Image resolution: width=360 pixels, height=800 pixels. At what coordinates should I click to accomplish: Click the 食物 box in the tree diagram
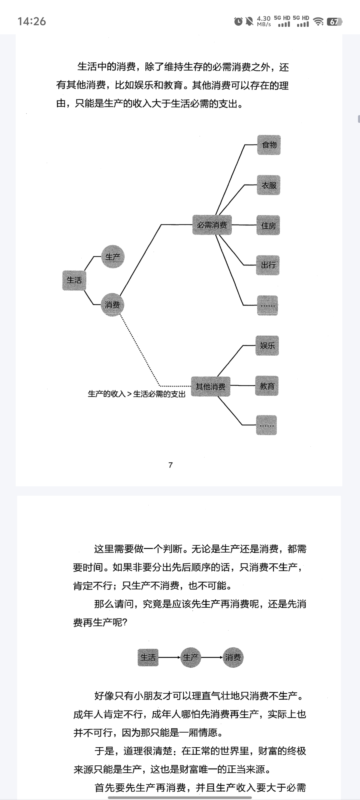click(x=269, y=145)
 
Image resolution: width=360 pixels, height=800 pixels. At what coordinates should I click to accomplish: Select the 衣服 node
click(x=268, y=185)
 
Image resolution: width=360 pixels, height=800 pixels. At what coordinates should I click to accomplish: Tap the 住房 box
click(x=268, y=225)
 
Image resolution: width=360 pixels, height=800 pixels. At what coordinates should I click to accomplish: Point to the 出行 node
click(x=268, y=265)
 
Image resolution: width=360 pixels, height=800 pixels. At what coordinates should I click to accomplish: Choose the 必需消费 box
click(x=212, y=225)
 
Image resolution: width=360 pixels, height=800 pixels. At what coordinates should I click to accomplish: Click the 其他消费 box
click(x=210, y=386)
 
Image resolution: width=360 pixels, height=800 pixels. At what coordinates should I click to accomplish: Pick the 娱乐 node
click(x=267, y=346)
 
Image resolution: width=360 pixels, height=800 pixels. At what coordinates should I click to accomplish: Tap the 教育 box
click(x=267, y=386)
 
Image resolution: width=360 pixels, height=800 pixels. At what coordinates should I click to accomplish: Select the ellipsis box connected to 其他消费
click(x=266, y=425)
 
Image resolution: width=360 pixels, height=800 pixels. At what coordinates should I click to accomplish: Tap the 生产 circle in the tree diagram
click(x=113, y=257)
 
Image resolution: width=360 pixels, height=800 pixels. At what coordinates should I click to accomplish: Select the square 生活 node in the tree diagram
click(x=74, y=280)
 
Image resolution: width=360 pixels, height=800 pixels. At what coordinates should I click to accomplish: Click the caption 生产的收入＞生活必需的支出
click(x=136, y=394)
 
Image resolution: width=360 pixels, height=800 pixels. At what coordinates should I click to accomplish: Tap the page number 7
click(x=171, y=465)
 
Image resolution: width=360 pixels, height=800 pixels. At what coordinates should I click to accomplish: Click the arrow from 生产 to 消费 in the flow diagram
click(x=212, y=657)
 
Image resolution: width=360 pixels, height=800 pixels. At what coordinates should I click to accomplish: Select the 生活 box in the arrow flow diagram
click(x=148, y=657)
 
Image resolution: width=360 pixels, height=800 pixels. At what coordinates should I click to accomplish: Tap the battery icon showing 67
click(x=334, y=22)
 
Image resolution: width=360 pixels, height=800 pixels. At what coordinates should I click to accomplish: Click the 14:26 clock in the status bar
click(x=32, y=21)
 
